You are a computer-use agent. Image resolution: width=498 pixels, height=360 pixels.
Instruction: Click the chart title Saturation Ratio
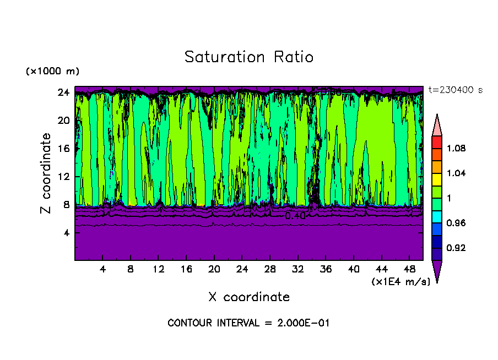[x=249, y=57]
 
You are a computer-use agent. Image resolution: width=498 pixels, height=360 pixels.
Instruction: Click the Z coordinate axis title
[x=47, y=173]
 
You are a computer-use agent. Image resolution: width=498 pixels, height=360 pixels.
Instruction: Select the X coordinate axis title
[x=249, y=297]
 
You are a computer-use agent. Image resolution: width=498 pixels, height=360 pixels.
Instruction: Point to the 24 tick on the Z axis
[x=63, y=92]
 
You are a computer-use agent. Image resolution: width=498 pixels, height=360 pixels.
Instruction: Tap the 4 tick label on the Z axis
[x=66, y=233]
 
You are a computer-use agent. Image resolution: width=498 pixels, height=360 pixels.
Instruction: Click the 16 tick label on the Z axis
[x=63, y=149]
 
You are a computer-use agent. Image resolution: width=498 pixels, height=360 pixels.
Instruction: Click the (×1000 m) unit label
[x=52, y=72]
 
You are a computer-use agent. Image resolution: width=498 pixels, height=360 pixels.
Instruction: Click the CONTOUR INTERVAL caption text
[x=248, y=323]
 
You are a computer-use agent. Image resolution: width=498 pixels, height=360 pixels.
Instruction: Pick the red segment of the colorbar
[x=437, y=142]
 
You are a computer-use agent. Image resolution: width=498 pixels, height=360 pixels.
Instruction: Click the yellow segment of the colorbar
[x=437, y=179]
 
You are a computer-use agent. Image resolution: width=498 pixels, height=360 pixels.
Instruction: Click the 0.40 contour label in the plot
[x=295, y=216]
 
